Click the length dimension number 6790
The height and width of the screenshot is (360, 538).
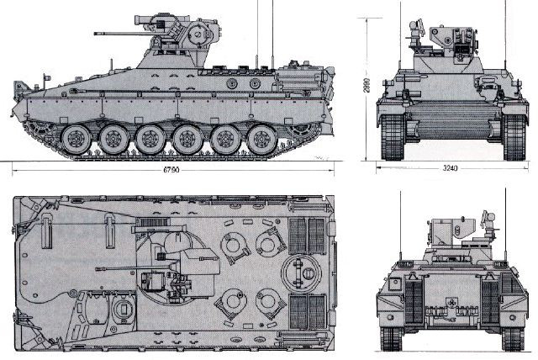click(175, 170)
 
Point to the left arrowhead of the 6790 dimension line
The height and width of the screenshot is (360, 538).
click(16, 170)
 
